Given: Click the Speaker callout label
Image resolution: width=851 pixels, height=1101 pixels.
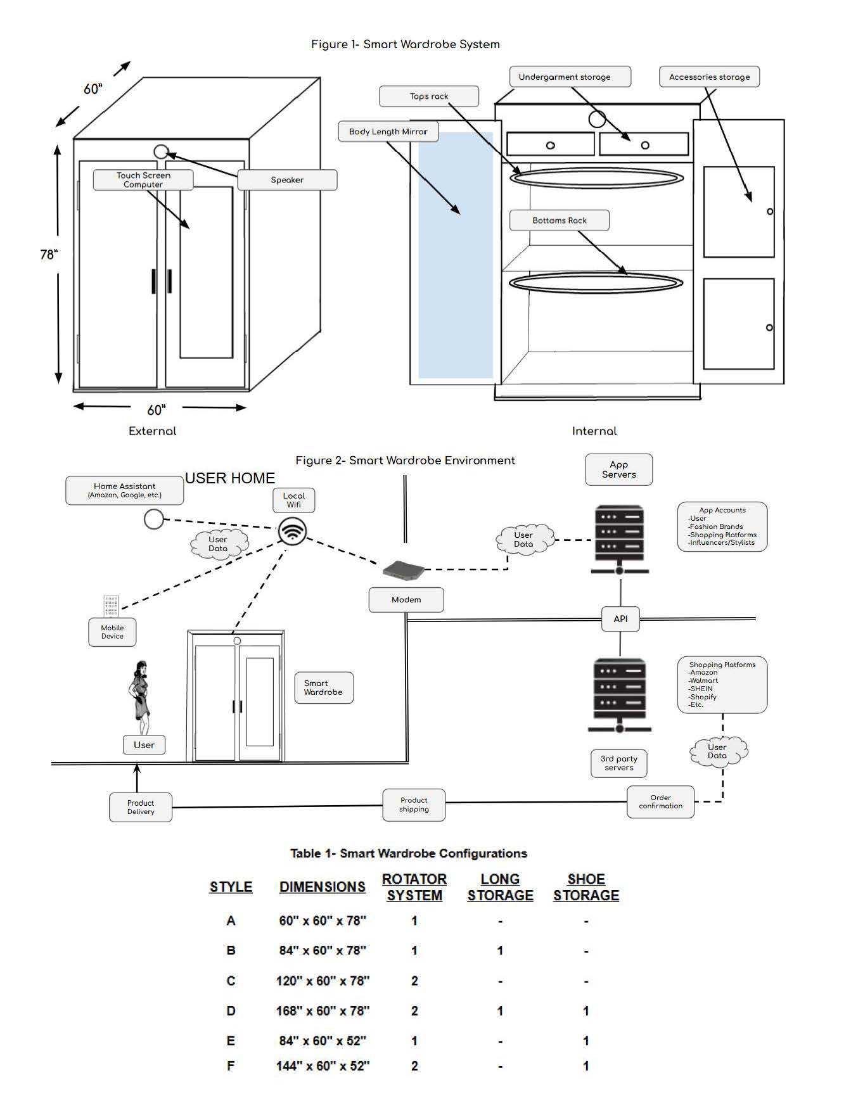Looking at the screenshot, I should [287, 180].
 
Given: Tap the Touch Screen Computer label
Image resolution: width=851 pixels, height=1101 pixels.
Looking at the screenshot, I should [143, 180].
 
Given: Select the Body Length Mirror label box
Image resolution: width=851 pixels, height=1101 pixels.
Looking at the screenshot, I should [388, 132].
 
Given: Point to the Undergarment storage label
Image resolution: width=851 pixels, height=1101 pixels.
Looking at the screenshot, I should [570, 77].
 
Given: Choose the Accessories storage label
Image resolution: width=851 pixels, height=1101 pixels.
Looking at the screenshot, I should [709, 77].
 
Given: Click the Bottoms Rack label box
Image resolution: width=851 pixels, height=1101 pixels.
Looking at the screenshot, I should [560, 220].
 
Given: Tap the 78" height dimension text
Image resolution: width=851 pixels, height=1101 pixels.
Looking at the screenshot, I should [49, 255].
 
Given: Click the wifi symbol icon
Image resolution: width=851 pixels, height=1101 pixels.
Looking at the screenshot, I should [292, 531].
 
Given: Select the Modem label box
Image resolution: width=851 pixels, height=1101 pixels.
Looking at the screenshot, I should [406, 599].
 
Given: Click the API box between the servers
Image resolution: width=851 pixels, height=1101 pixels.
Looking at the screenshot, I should [620, 619].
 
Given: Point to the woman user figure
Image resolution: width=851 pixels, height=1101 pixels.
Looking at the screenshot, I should [139, 697].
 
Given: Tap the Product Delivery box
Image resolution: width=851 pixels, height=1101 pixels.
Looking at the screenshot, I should [141, 807].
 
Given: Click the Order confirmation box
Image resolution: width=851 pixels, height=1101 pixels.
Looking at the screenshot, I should [660, 802].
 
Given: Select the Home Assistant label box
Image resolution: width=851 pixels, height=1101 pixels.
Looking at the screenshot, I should [125, 491].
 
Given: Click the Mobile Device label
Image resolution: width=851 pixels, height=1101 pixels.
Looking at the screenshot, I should [112, 632].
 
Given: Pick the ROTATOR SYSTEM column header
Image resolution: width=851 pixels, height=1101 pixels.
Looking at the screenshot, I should [414, 887].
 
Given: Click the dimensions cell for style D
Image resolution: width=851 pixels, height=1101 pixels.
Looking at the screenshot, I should [323, 1010].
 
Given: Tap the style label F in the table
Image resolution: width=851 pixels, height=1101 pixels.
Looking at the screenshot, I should [231, 1066].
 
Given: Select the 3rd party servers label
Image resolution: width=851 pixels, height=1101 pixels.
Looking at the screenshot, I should [619, 763].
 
